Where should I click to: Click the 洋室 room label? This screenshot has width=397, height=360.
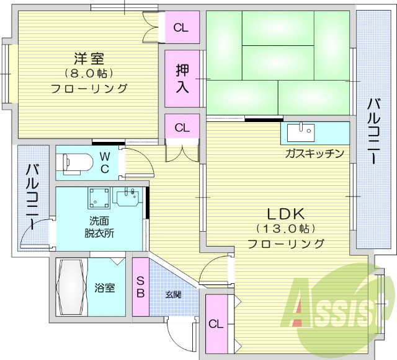pyautogui.click(x=88, y=59)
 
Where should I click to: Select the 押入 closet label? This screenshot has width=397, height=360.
pyautogui.click(x=182, y=78)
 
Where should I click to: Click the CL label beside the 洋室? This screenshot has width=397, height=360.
pyautogui.click(x=181, y=27)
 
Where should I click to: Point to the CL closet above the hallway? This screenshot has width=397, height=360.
pyautogui.click(x=182, y=128)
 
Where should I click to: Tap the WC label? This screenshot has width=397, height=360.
pyautogui.click(x=105, y=162)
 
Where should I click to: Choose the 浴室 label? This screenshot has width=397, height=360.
pyautogui.click(x=104, y=288)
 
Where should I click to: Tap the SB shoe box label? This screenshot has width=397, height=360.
pyautogui.click(x=140, y=286)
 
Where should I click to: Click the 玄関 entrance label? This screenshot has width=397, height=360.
pyautogui.click(x=173, y=294)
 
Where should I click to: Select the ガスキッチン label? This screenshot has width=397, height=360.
pyautogui.click(x=314, y=153)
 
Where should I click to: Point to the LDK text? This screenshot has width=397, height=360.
pyautogui.click(x=286, y=215)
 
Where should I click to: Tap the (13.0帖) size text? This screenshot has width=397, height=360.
pyautogui.click(x=286, y=229)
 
